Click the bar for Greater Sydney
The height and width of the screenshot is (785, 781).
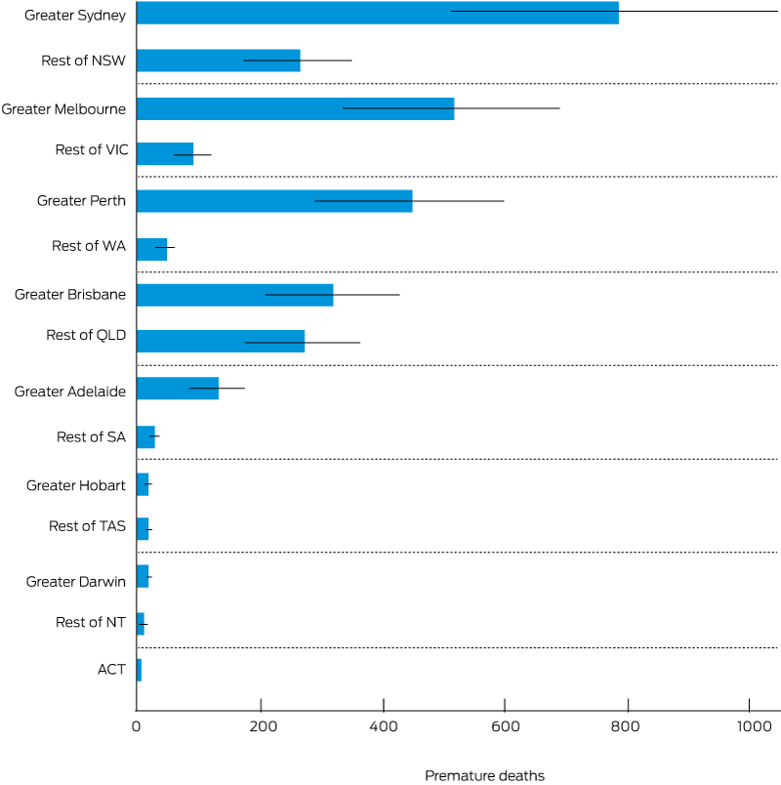point(377,13)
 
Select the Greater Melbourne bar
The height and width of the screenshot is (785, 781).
point(295,108)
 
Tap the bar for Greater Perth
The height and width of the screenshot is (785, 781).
point(273,201)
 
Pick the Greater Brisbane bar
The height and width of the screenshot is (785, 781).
point(234,295)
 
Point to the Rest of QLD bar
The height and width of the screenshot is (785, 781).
point(220,341)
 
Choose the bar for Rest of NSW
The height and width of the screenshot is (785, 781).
point(218,61)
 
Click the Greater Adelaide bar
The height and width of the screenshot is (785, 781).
point(177,389)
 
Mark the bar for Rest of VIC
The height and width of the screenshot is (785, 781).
point(165,154)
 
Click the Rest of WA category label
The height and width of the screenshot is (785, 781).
point(89,246)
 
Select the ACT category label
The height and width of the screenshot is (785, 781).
point(111,670)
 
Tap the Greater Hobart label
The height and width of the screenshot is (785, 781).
point(76,485)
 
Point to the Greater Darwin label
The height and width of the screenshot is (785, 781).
point(76,582)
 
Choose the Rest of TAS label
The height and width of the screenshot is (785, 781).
point(87,526)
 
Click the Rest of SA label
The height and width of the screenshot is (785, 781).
point(91,436)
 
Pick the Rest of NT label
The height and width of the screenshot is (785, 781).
point(91,622)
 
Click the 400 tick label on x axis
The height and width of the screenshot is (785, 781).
point(384,726)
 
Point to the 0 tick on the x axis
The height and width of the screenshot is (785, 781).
point(137,726)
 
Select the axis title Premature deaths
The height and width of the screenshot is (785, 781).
point(484,775)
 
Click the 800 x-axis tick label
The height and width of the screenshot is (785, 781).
point(628,726)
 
